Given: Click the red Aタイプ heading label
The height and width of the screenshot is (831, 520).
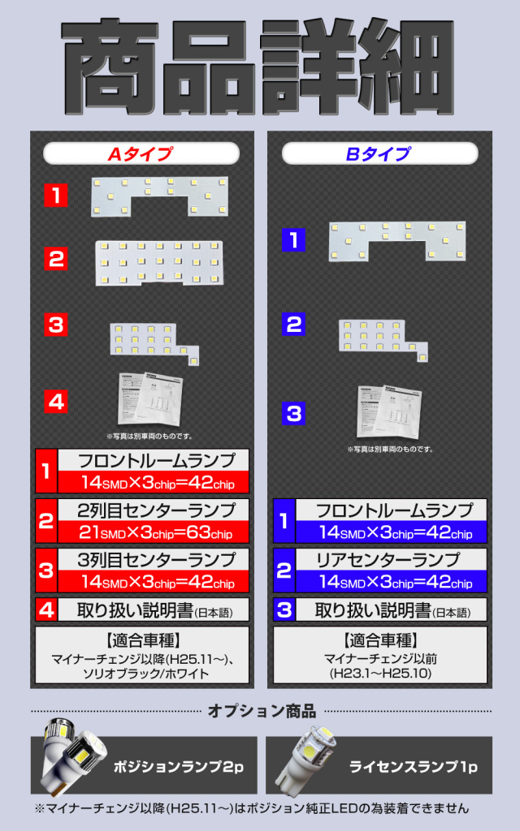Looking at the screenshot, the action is click(141, 153).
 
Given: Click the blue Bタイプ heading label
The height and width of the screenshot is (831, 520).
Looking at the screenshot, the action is click(379, 153).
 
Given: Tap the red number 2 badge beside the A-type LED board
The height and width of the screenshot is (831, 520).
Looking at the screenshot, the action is click(56, 259).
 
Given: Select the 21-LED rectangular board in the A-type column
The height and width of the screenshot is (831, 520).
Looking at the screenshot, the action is click(159, 262).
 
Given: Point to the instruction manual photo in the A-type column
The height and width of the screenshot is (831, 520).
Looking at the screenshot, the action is click(150, 401).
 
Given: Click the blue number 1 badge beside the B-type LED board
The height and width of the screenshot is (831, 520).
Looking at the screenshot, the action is click(294, 239).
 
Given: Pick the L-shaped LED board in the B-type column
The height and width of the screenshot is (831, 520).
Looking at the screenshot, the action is click(383, 340).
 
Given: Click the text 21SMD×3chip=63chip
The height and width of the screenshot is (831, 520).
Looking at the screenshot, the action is click(156, 532).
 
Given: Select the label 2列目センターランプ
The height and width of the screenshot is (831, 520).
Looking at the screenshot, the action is click(156, 510).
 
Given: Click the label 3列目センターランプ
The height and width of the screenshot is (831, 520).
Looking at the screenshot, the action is click(156, 560).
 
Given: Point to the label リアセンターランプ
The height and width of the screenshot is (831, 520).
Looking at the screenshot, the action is click(388, 560).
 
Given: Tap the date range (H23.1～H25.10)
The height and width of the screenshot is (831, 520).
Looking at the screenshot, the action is click(380, 674).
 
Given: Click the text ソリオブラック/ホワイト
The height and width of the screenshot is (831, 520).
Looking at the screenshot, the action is click(145, 674).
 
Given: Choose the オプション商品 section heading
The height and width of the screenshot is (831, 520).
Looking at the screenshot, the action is click(262, 711).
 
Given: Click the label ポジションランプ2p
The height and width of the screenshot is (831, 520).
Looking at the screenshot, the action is click(178, 766).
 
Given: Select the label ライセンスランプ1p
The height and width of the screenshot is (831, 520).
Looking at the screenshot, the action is click(414, 766).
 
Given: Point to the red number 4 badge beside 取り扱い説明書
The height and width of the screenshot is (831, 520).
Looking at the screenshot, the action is click(46, 609).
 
